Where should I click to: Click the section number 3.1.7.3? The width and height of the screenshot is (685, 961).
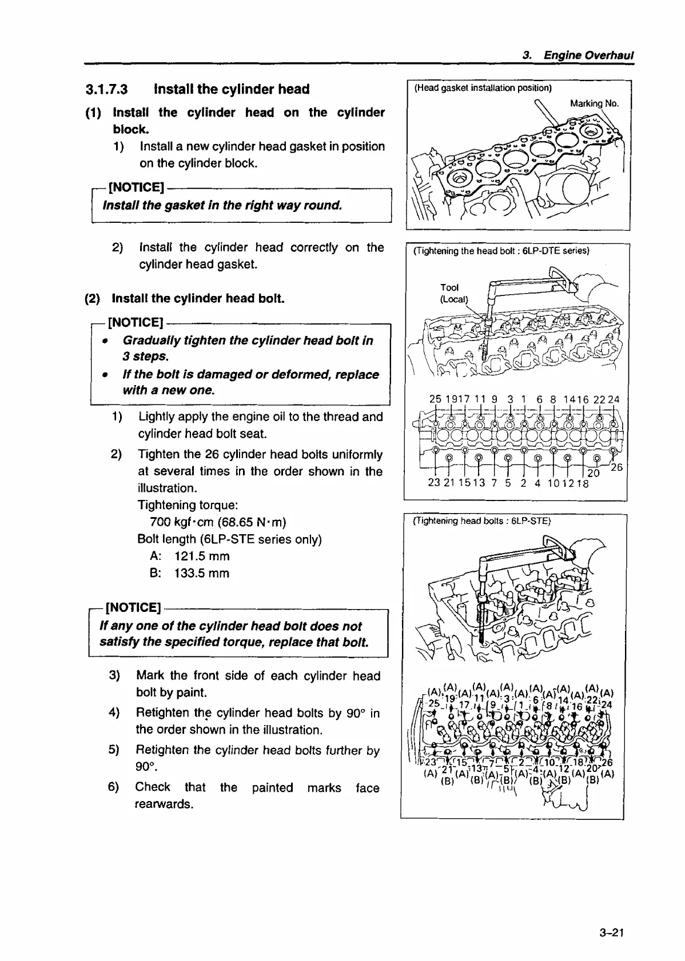[x=106, y=89]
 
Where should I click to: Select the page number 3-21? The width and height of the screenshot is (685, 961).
[x=611, y=933]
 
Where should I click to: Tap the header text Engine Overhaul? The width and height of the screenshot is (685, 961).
[x=588, y=55]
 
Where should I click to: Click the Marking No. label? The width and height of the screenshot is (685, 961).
[x=594, y=103]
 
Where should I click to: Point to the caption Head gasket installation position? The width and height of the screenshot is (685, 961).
[x=483, y=88]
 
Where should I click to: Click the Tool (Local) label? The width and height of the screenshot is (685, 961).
[x=453, y=293]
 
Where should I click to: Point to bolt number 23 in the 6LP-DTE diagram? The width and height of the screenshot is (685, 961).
[x=434, y=483]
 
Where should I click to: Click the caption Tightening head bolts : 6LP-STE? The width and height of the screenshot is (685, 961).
[x=481, y=521]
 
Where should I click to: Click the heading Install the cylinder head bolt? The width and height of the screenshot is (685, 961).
[x=198, y=298]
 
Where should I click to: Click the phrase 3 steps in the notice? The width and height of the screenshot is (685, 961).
[x=145, y=357]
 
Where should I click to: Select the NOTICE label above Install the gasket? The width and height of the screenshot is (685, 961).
[x=136, y=187]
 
